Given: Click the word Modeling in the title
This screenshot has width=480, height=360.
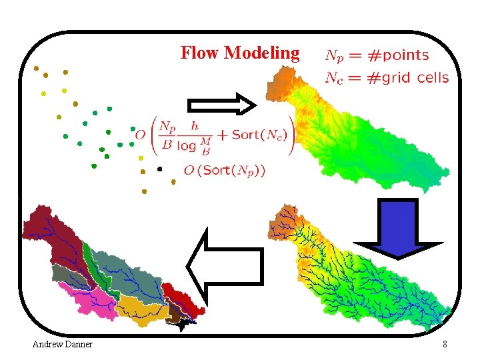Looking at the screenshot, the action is (x=262, y=53).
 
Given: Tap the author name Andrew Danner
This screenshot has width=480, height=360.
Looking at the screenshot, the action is (x=63, y=344).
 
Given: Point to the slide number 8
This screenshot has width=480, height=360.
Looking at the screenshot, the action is (x=445, y=344).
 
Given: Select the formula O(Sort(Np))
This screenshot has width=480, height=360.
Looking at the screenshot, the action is (x=225, y=171).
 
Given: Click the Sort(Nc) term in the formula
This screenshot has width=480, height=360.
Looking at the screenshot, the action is (x=259, y=135).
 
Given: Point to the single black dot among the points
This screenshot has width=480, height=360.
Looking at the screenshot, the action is (x=159, y=169).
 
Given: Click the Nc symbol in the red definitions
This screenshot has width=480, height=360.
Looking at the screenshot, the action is (x=334, y=79).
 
